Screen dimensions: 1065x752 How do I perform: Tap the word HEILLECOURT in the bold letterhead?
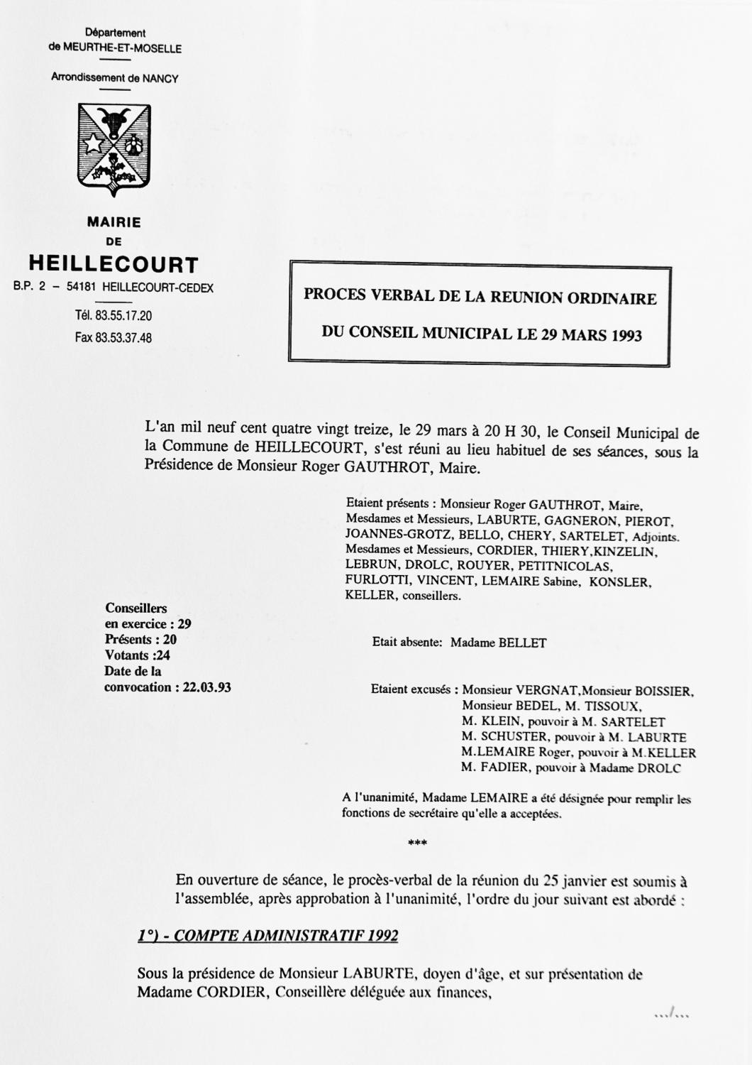(114, 265)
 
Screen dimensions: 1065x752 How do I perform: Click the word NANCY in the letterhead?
(160, 79)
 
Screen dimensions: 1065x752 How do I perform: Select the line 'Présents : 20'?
(140, 640)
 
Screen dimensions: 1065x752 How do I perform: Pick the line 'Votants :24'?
(137, 655)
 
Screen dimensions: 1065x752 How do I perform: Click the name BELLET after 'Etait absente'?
(523, 643)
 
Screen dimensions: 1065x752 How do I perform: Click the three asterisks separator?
(418, 843)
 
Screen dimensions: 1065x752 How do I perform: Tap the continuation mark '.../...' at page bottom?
(672, 1015)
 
